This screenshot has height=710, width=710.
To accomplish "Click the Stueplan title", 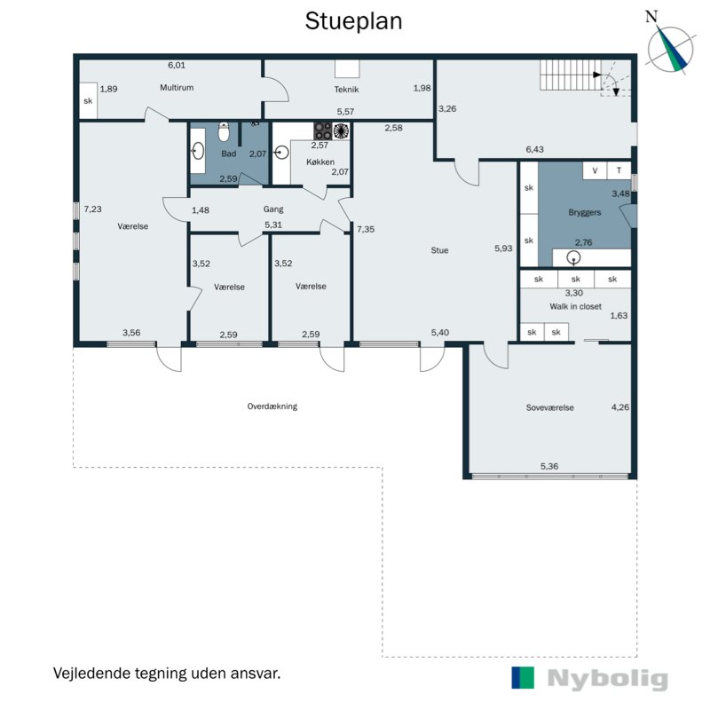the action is (353, 21).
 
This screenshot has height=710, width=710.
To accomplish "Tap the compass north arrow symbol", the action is (670, 49).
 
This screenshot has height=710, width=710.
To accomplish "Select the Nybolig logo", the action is (589, 678).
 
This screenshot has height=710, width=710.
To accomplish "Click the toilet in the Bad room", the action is (224, 131).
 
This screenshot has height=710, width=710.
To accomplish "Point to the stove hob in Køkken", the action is (323, 130).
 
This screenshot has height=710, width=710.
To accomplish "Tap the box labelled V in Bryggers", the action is (595, 170).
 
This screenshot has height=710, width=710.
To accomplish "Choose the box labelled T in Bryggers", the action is (619, 170).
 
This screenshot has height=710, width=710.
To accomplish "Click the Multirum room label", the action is (177, 87).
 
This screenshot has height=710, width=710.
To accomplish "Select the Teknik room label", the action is (346, 90).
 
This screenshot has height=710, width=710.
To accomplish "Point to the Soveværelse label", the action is (549, 407).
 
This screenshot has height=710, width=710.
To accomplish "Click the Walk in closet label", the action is (575, 306).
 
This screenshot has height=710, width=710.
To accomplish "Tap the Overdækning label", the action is (272, 406).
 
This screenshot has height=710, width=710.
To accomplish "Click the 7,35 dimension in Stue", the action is (366, 229).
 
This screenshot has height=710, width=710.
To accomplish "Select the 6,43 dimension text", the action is (535, 149).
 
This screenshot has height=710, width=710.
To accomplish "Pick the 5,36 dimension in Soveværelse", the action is (549, 466).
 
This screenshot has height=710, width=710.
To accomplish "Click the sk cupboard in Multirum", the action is (88, 100).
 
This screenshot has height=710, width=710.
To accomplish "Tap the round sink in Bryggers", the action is (573, 257).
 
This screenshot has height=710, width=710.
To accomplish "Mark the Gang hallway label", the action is (273, 209).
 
